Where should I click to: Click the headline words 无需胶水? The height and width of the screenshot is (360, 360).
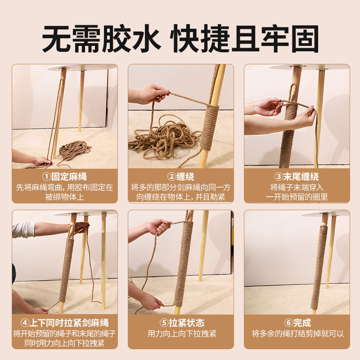click(x=102, y=39)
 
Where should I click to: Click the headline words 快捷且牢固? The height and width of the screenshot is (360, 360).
click(x=245, y=39)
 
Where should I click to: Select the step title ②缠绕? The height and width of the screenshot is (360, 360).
click(x=180, y=176)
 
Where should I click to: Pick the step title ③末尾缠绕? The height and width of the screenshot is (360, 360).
click(x=297, y=176)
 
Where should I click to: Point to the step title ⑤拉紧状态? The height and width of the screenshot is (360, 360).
click(x=180, y=323)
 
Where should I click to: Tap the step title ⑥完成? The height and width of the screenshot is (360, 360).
click(x=297, y=323)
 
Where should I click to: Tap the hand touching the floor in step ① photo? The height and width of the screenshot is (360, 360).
click(x=43, y=162)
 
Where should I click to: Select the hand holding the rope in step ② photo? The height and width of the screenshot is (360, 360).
click(x=153, y=94)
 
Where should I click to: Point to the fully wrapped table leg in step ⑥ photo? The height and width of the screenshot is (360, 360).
click(x=320, y=265)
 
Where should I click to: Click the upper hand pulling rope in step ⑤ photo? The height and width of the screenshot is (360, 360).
click(x=160, y=226)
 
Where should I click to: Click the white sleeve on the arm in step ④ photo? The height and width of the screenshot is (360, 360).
click(x=22, y=229)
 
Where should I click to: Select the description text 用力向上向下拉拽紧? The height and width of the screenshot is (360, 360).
click(x=180, y=334)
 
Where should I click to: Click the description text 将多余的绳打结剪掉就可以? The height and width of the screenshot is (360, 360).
click(x=297, y=334)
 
